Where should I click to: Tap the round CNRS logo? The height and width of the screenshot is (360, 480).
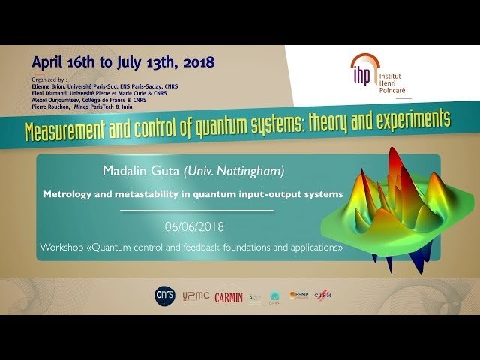click(x=163, y=295)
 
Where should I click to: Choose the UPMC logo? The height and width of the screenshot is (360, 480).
click(x=193, y=296)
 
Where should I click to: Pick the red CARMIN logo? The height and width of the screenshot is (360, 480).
click(x=229, y=297)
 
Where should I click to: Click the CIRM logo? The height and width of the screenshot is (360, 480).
click(x=323, y=295)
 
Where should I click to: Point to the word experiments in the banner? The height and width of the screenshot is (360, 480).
click(x=408, y=119)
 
